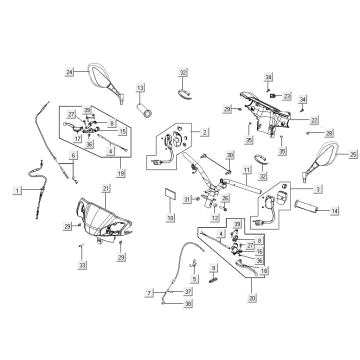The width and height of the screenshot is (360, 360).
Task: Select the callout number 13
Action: click(x=141, y=88)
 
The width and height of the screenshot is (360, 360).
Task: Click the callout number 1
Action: click(x=17, y=189)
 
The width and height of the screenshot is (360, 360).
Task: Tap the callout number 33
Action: click(x=82, y=265)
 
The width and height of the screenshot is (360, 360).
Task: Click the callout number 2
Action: click(x=203, y=131)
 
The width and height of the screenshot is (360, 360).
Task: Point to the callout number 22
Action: click(x=314, y=119)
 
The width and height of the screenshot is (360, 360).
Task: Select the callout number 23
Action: click(x=286, y=96)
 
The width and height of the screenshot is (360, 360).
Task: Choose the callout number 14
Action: click(x=335, y=211)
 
